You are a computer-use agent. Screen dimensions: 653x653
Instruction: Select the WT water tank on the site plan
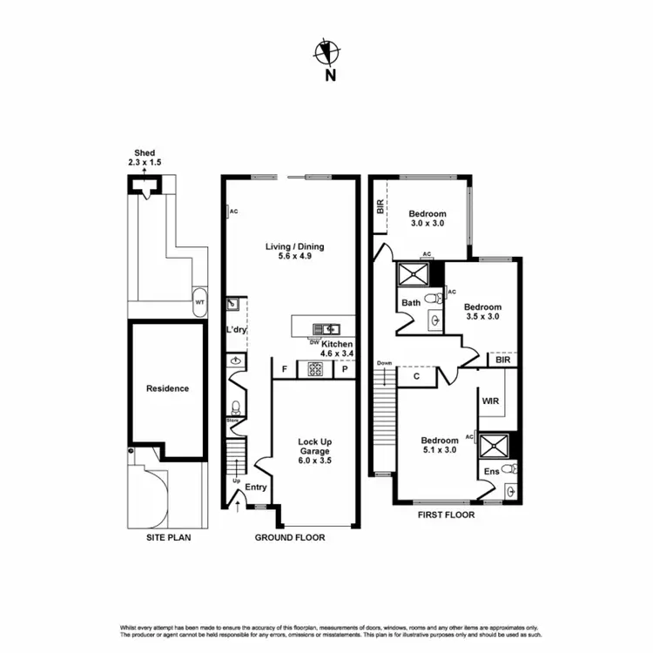tap(200, 302)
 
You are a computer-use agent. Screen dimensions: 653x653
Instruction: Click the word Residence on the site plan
tap(167, 388)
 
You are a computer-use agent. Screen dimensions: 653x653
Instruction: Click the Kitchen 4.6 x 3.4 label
tap(336, 348)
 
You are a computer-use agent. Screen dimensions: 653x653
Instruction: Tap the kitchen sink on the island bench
tap(330, 328)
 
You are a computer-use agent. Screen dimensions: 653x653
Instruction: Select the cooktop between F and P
tap(313, 369)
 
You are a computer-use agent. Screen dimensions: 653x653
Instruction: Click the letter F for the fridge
tap(284, 369)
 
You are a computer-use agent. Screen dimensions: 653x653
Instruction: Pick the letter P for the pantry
tap(345, 369)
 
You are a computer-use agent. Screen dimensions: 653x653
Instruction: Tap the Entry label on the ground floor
tap(256, 487)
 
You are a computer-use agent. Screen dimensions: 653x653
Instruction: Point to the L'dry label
tap(235, 330)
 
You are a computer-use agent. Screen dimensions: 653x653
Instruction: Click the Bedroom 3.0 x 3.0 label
tap(427, 219)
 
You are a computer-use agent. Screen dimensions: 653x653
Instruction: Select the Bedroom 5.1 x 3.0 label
tap(440, 446)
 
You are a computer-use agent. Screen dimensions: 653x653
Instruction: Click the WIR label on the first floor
tap(489, 401)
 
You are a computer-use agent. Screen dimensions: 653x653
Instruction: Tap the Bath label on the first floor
tap(411, 303)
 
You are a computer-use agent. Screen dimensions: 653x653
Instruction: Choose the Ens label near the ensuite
tap(491, 471)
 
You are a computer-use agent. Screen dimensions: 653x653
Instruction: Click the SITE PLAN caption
tap(168, 537)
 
